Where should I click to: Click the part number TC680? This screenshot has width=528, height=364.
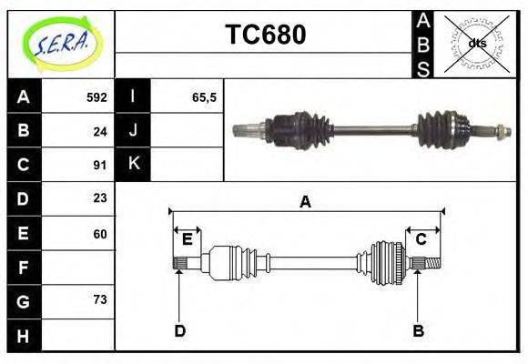(265, 35)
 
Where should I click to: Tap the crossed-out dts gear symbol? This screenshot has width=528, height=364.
(477, 43)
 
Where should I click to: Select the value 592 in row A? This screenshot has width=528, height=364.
(96, 96)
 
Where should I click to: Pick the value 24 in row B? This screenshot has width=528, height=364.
(100, 130)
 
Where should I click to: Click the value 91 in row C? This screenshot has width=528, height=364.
(100, 165)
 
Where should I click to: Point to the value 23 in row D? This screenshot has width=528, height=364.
(100, 198)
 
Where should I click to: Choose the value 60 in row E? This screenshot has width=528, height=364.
(100, 233)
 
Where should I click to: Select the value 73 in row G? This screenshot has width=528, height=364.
(100, 299)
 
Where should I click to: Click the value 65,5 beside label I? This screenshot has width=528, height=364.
(204, 96)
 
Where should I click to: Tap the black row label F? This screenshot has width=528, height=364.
(23, 268)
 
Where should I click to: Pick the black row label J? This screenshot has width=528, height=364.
(133, 130)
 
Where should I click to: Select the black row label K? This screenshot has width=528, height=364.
(133, 165)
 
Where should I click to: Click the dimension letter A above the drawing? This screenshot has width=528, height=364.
(305, 202)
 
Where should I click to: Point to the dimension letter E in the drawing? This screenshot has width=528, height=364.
(187, 239)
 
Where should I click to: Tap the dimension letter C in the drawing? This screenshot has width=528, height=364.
(421, 239)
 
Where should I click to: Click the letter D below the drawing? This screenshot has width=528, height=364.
(179, 330)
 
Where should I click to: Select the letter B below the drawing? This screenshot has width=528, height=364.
(418, 330)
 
